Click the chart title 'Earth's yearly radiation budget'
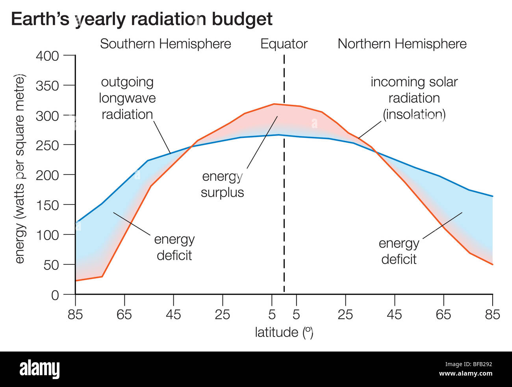141,19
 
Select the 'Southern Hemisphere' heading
165,44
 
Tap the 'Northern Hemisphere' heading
402,44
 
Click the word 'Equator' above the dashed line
284,44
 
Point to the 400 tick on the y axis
47,56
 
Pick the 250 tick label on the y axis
47,145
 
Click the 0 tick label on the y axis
55,295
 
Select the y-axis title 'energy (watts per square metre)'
19,169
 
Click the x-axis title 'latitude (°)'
284,332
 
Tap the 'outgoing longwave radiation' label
127,98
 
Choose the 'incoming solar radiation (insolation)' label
414,98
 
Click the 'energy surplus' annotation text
222,184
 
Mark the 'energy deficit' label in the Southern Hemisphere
174,247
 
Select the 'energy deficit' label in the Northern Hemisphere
399,251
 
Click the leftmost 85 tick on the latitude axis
75,314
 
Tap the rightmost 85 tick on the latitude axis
492,314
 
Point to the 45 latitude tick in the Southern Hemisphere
173,314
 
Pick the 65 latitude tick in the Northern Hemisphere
443,314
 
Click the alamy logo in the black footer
39,369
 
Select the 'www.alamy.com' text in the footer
466,374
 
